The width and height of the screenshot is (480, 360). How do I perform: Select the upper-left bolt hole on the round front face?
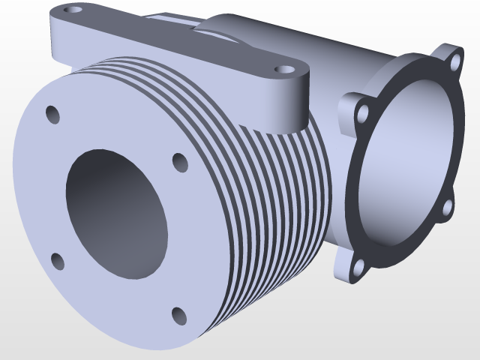(52, 114)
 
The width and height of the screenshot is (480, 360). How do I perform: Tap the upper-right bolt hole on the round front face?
(180, 162)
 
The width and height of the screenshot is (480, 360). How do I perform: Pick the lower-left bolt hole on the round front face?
(58, 262)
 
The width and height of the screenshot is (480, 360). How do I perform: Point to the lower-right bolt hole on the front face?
(179, 316)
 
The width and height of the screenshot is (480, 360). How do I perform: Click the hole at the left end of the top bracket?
(73, 10)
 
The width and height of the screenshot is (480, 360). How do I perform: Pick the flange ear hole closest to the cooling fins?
(363, 114)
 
